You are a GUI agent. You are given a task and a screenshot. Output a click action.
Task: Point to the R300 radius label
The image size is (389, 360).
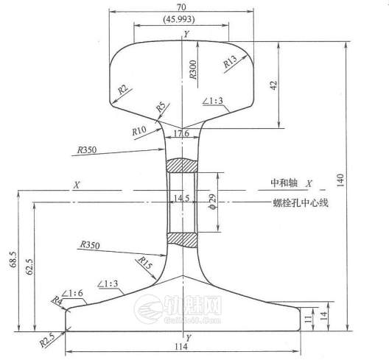click(192, 68)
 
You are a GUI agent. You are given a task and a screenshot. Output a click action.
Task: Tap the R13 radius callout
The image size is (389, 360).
click(230, 61)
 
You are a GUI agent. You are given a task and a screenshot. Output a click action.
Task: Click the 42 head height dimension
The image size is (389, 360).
click(273, 85)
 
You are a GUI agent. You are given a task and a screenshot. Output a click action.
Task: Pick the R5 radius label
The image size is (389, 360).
click(161, 108)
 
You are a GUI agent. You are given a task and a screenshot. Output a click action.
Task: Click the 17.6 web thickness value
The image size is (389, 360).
click(181, 134)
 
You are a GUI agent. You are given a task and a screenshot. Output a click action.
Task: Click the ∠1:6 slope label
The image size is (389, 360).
click(74, 293)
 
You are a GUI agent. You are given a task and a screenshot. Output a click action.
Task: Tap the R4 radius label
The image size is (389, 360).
click(57, 300)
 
